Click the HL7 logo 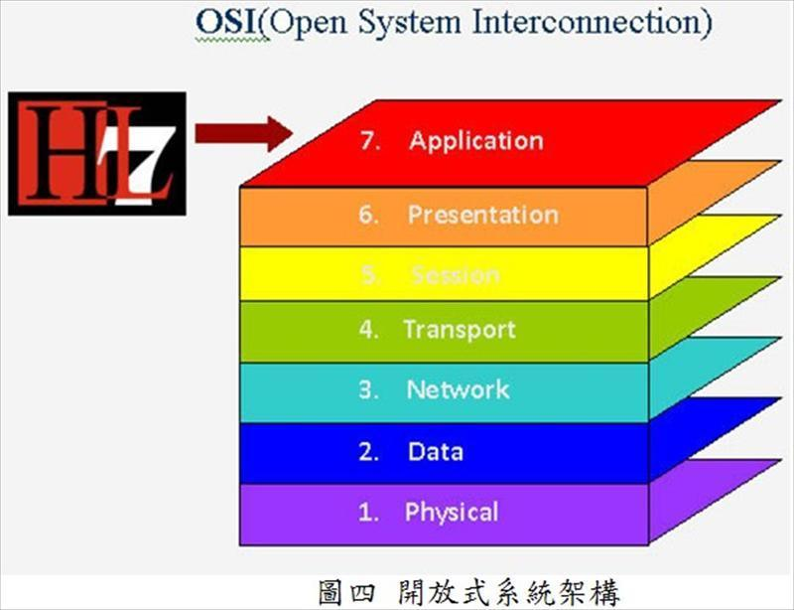97,153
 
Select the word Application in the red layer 476,141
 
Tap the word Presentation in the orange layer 482,215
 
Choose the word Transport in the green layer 459,330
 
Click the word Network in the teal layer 458,389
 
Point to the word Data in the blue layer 435,452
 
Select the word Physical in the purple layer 451,513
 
